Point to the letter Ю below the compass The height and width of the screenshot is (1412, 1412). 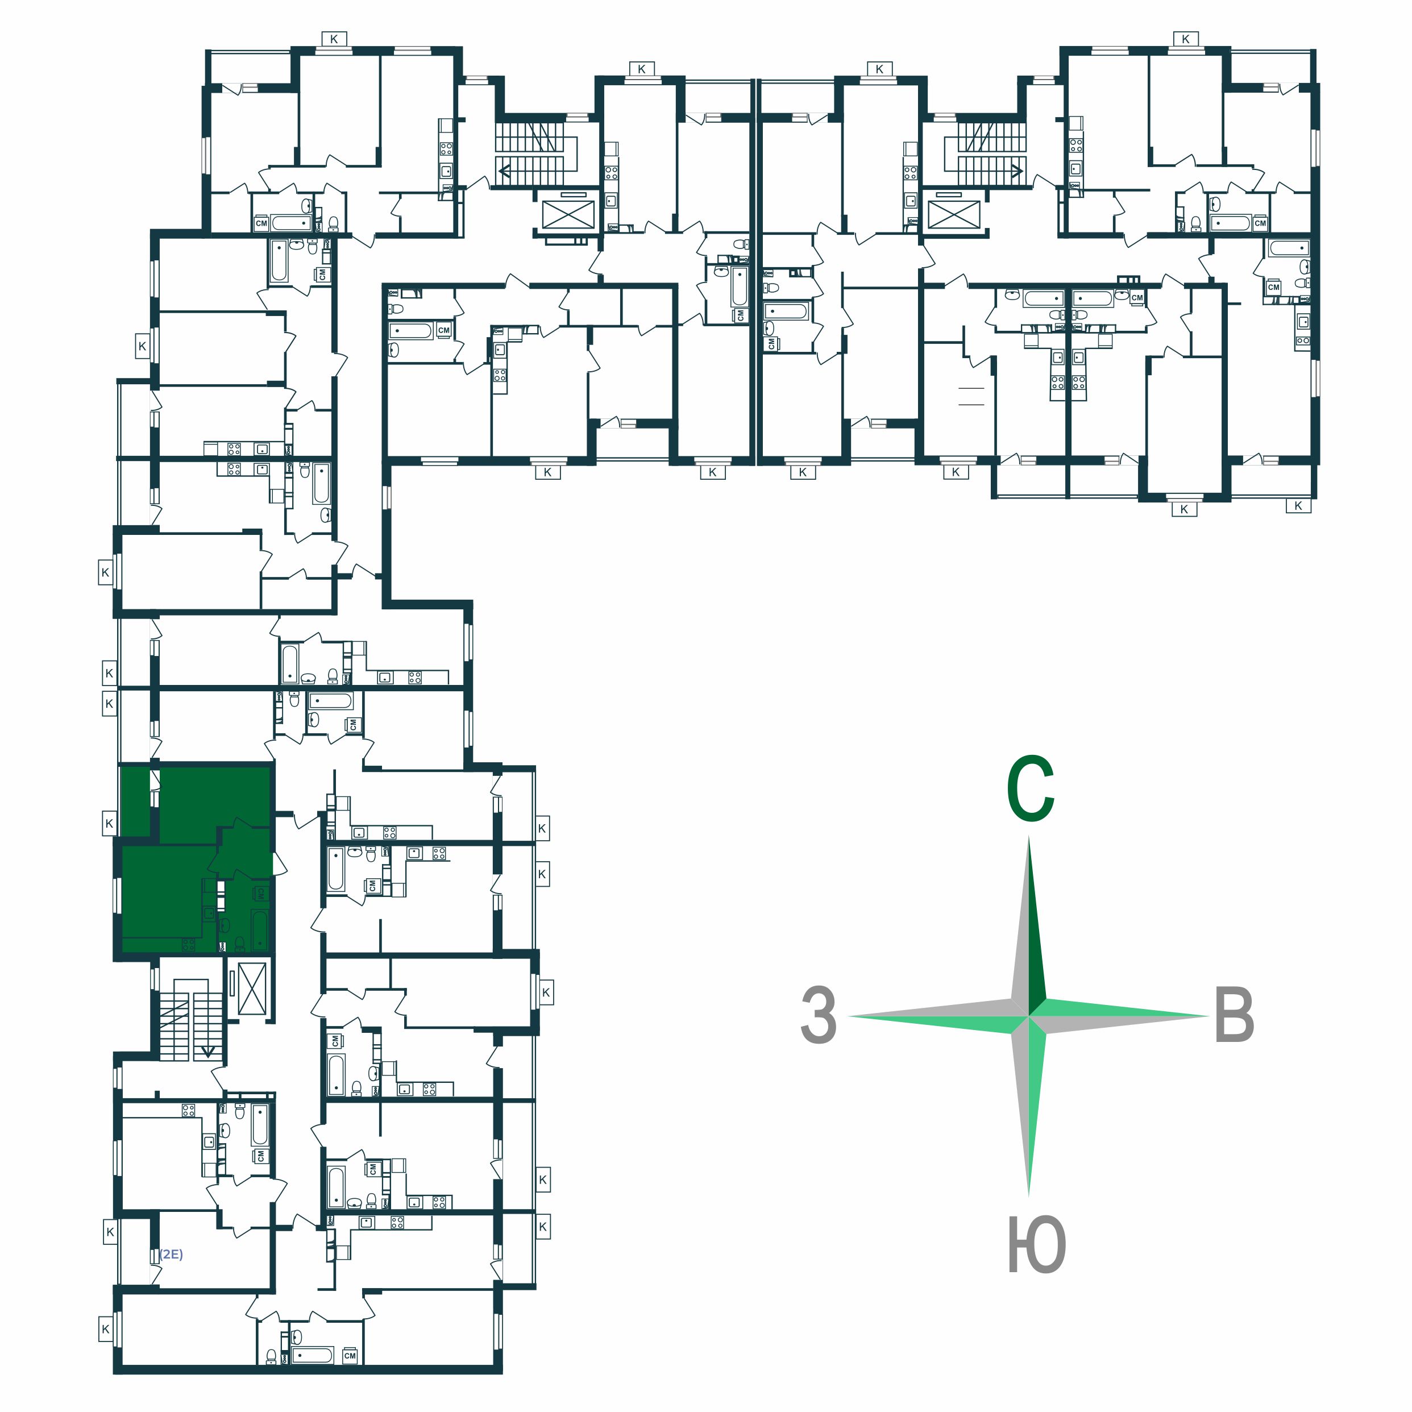point(1036,1245)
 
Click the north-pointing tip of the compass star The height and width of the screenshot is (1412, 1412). point(1029,836)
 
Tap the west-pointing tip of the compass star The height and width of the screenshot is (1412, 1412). point(848,1016)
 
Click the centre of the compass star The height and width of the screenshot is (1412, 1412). point(1029,1016)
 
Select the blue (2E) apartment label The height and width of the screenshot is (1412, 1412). point(171,1254)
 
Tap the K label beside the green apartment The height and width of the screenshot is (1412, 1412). point(109,823)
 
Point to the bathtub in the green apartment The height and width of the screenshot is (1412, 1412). point(259,929)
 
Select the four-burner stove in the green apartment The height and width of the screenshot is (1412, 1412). point(189,945)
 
